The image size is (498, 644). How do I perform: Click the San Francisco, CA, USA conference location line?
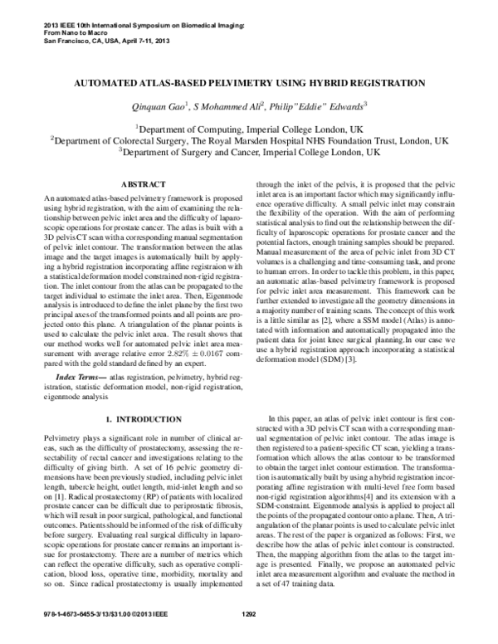tap(99, 40)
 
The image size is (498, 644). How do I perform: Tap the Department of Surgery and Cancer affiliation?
tap(249, 153)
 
